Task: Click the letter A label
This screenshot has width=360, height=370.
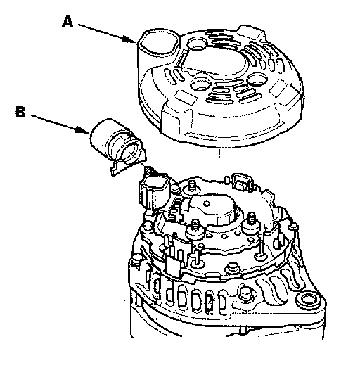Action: (67, 22)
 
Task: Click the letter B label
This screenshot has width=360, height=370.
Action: (20, 112)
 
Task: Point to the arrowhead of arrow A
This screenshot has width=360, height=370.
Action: (129, 39)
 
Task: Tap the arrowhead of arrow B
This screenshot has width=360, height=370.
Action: (83, 130)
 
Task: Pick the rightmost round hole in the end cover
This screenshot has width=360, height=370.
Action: (257, 79)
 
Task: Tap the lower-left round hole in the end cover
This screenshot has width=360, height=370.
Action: (200, 84)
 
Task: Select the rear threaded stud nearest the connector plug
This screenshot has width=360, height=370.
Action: (191, 185)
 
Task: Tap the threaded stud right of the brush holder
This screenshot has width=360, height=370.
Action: (252, 220)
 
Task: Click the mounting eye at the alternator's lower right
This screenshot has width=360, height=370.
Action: (308, 300)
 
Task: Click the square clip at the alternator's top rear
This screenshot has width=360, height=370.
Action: (242, 181)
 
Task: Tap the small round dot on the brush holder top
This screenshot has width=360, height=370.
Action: (207, 203)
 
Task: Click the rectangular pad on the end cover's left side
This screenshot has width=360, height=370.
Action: (186, 97)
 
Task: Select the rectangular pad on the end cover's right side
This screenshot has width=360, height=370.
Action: (278, 87)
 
